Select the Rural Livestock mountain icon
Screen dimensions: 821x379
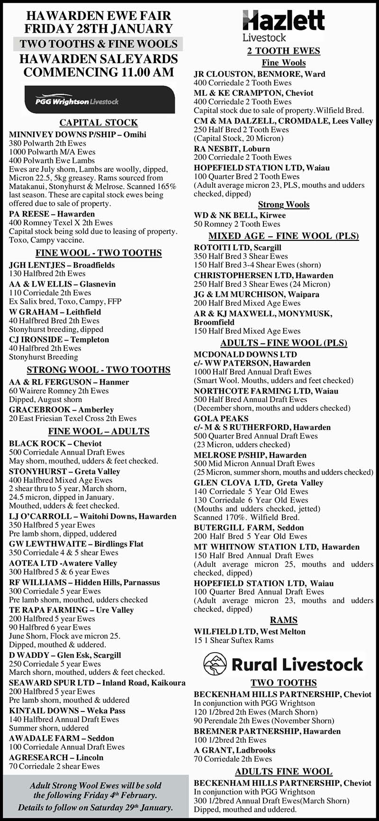[x=215, y=664]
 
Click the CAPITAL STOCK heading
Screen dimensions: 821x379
[x=99, y=122]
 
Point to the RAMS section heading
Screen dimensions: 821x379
[x=283, y=620]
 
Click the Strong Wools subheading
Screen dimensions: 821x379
[x=283, y=204]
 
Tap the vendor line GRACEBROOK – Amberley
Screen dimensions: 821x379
[x=61, y=409]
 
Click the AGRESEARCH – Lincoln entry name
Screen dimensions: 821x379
[x=56, y=757]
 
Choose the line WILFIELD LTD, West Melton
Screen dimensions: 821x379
[x=250, y=631]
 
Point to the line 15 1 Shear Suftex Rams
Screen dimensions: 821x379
[x=234, y=640]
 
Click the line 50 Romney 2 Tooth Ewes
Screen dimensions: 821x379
[x=237, y=224]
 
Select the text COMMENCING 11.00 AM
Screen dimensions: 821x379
[x=99, y=73]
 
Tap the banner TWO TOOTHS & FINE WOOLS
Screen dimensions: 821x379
[x=99, y=44]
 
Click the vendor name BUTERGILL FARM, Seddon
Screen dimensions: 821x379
[x=249, y=527]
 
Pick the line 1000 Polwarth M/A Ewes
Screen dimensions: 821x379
[x=52, y=152]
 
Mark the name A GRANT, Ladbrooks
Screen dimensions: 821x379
[x=235, y=750]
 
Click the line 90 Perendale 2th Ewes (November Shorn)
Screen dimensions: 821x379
[x=264, y=720]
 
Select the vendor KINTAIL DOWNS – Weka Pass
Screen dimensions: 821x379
[x=67, y=710]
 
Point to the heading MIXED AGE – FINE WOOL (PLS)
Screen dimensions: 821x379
[x=283, y=236]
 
